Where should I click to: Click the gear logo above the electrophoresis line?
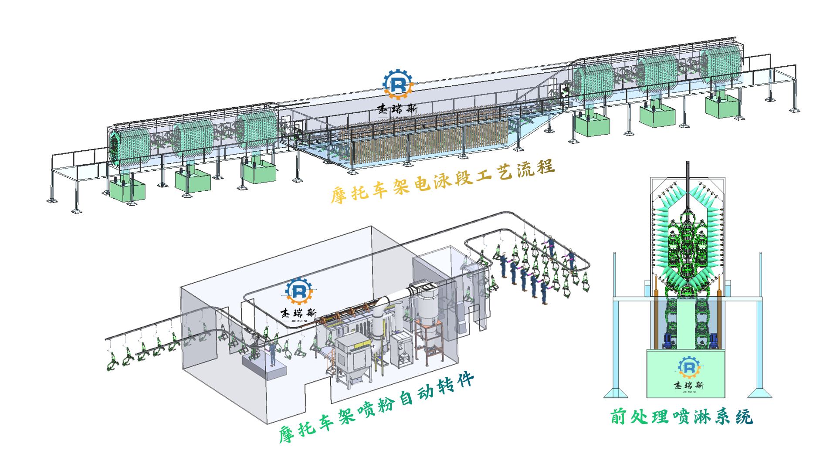pyautogui.click(x=397, y=84)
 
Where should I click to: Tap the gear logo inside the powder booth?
pyautogui.click(x=299, y=291)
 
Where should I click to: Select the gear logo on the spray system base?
pyautogui.click(x=689, y=367)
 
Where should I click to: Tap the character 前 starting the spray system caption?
pyautogui.click(x=618, y=417)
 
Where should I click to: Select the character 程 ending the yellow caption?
pyautogui.click(x=545, y=167)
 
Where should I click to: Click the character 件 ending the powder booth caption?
pyautogui.click(x=465, y=380)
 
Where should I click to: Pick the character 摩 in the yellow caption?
pyautogui.click(x=339, y=195)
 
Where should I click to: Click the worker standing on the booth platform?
pyautogui.click(x=273, y=353)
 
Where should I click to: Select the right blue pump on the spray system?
pyautogui.click(x=714, y=340)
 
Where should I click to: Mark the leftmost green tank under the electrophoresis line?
pyautogui.click(x=127, y=190)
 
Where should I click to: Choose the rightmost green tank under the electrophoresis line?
pyautogui.click(x=722, y=106)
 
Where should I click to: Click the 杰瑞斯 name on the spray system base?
pyautogui.click(x=689, y=385)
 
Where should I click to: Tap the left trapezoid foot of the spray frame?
pyautogui.click(x=616, y=393)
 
